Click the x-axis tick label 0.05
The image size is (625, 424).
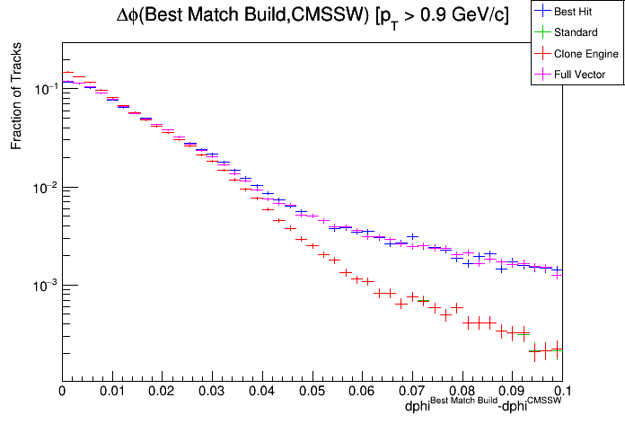(312, 391)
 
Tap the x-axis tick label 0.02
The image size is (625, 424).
(162, 391)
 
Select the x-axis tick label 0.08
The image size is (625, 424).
(462, 391)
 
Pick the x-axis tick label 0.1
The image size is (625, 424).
(561, 391)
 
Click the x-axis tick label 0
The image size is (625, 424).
(62, 391)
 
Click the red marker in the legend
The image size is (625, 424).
(542, 54)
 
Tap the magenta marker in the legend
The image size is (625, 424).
(542, 75)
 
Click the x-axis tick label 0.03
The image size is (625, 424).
(212, 391)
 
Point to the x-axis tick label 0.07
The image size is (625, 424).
(411, 391)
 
